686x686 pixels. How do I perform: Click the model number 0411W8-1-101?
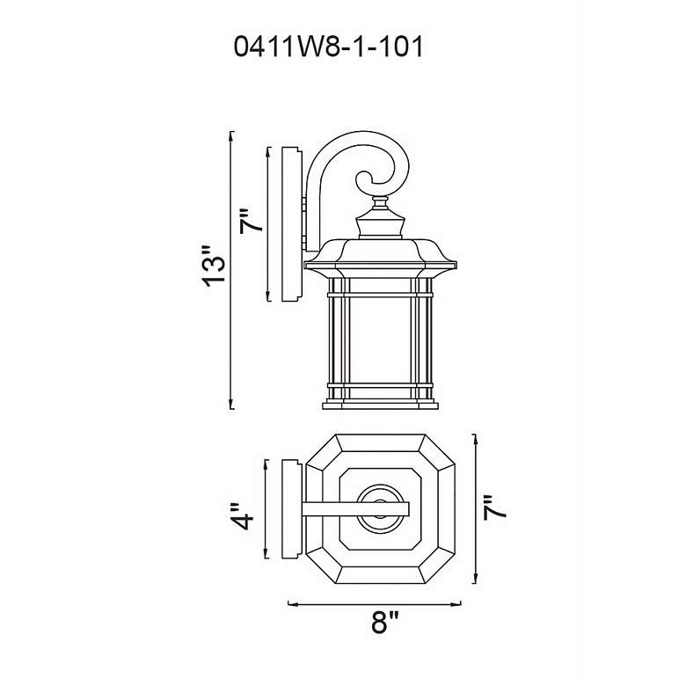click(x=329, y=47)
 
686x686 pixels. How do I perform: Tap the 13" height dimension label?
click(x=215, y=266)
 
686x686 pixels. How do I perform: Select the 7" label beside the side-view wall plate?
click(x=252, y=222)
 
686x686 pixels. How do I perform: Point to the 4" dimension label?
click(x=242, y=516)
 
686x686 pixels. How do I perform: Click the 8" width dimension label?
click(x=385, y=623)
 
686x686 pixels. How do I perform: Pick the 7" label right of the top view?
click(x=495, y=508)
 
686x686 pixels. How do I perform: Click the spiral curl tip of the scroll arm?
click(x=372, y=180)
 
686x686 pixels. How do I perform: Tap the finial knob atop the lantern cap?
click(x=380, y=202)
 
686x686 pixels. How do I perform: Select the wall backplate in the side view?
click(x=291, y=224)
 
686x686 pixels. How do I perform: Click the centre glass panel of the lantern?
click(x=380, y=340)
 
